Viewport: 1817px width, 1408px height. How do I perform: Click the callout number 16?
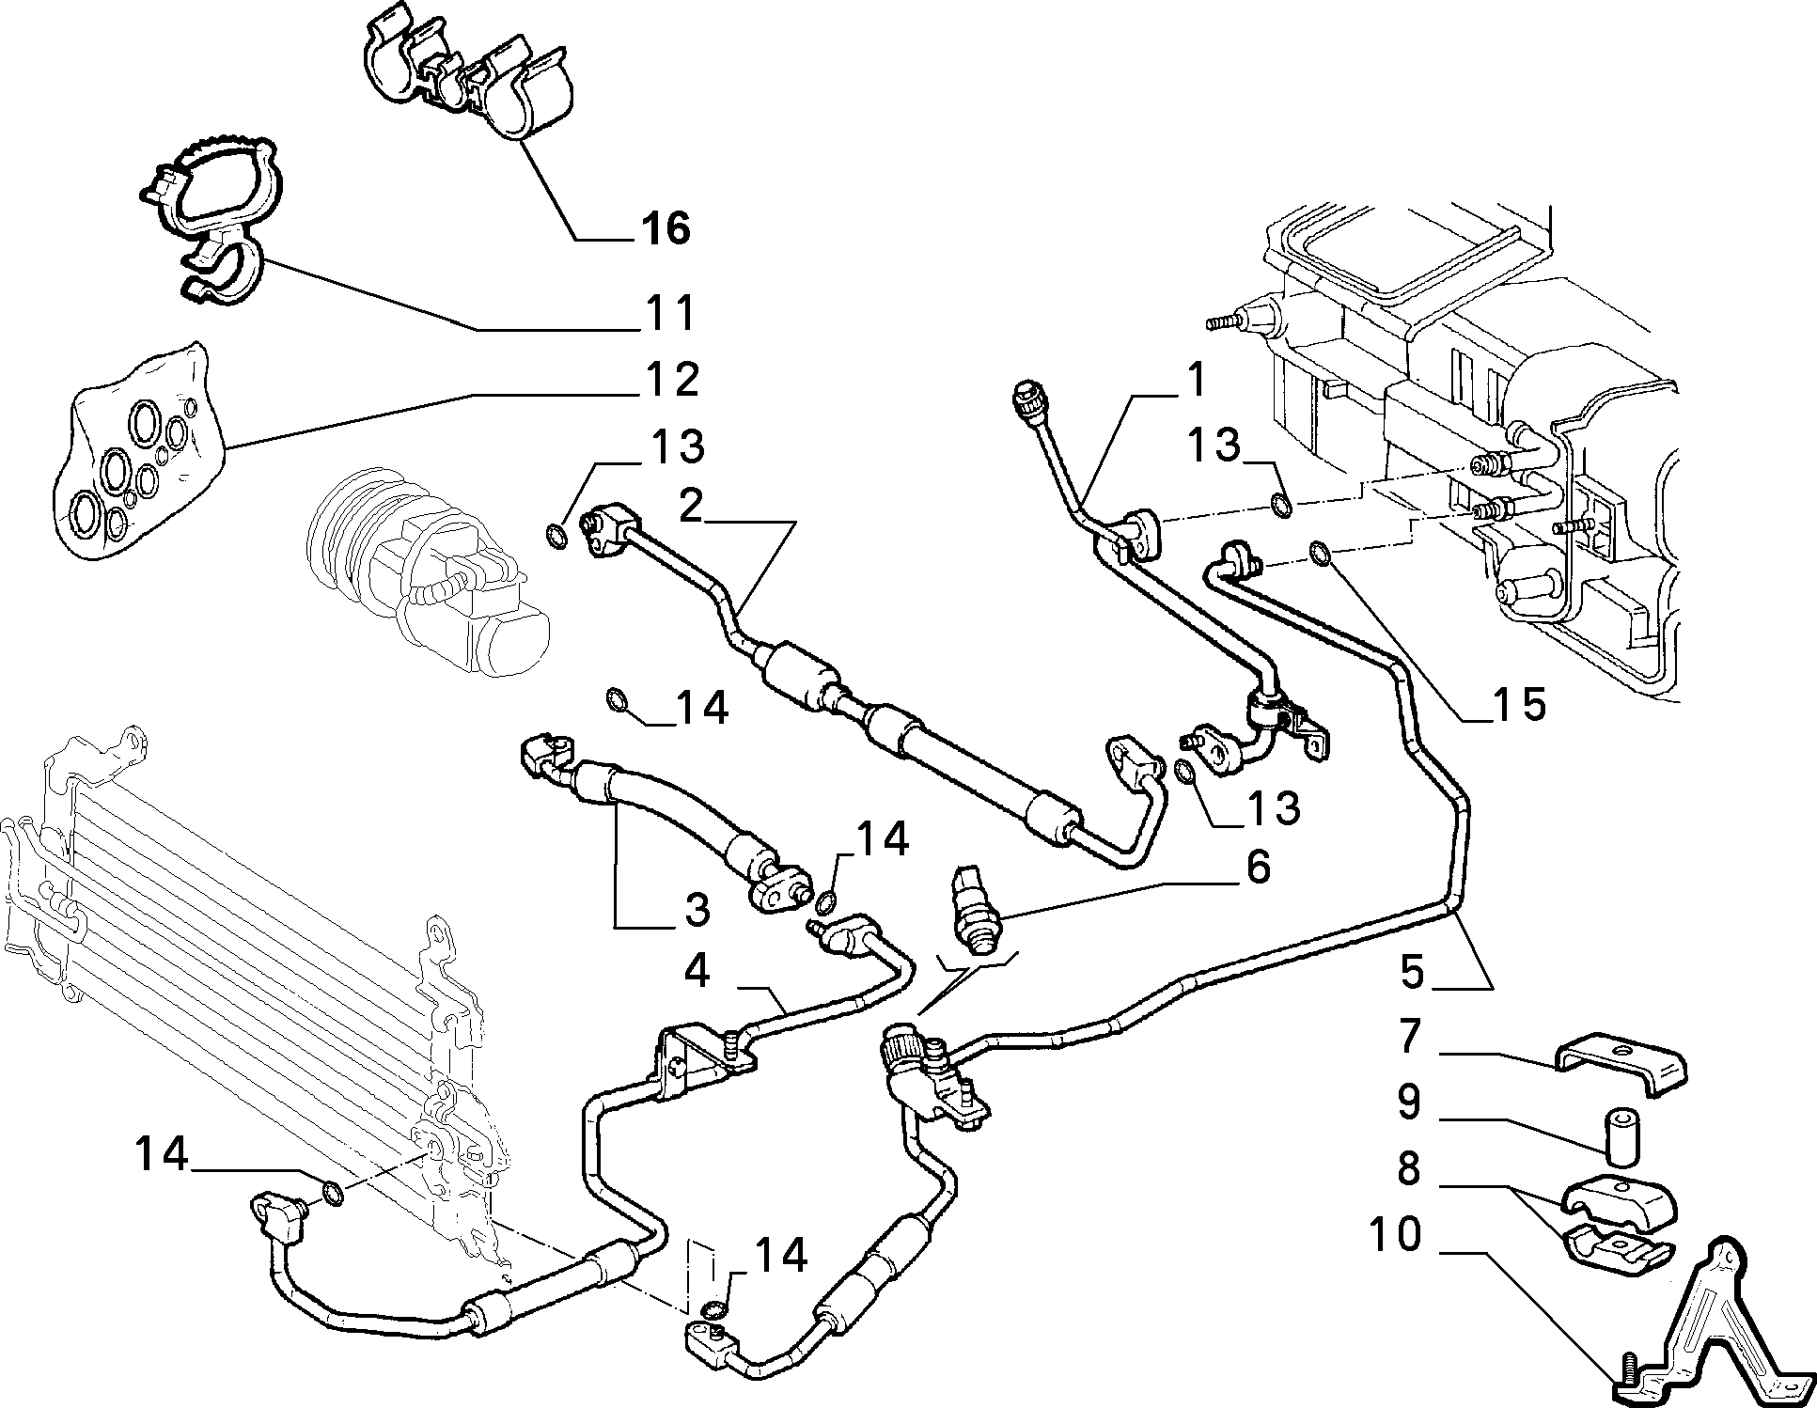(666, 227)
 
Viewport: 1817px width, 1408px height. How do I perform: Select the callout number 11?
(669, 312)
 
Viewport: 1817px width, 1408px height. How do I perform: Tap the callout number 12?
(672, 380)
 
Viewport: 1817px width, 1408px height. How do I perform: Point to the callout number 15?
(1518, 704)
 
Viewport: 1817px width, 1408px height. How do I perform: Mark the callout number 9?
(1409, 1103)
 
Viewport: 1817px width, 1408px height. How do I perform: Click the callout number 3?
(697, 910)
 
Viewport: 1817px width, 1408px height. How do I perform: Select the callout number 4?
(697, 972)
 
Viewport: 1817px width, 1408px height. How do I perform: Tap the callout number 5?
(1414, 972)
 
